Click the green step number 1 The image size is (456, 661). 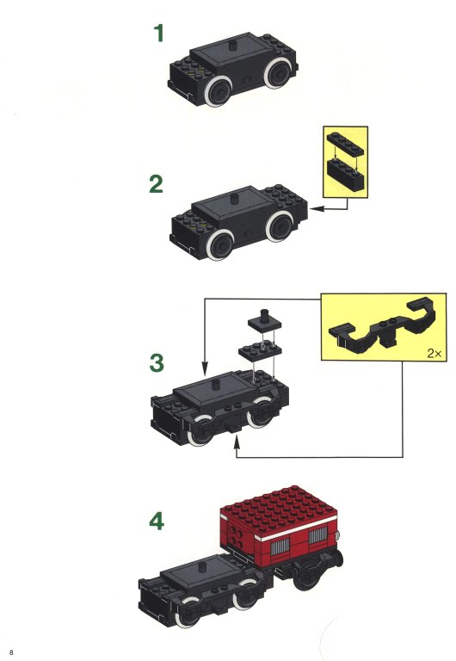point(159,34)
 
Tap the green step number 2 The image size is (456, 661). point(156,184)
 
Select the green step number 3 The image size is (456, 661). point(157,362)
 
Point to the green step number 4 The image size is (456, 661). point(157,521)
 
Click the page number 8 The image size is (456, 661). point(11,652)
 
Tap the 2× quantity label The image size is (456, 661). point(434,353)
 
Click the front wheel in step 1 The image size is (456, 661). point(218,90)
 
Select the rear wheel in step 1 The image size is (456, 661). point(278,73)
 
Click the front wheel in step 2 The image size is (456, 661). point(220,245)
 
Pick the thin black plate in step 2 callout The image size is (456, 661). point(345,144)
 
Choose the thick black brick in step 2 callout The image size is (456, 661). point(345,174)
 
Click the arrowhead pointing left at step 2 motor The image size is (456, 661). point(316,208)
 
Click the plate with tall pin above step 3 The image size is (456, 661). point(265,321)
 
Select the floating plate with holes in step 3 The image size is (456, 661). point(260,350)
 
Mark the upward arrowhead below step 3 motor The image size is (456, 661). point(237,443)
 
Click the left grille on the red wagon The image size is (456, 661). point(280,549)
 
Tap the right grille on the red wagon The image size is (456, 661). point(317,535)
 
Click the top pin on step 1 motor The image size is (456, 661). point(231,44)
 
